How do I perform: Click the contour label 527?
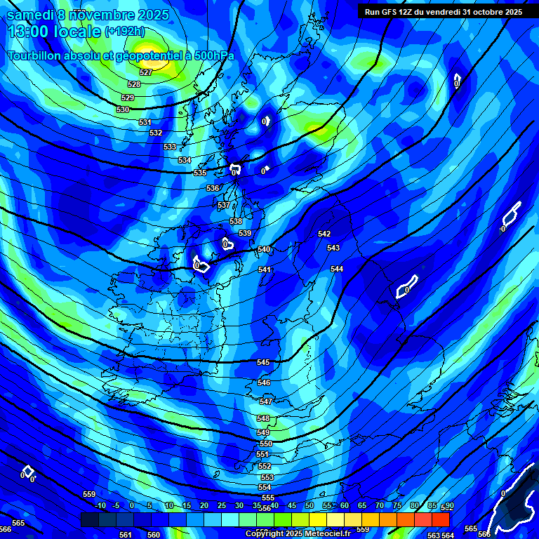pos(146,72)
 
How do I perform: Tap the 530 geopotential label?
pos(123,110)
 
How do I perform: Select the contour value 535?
pos(200,173)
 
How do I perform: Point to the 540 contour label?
pos(264,250)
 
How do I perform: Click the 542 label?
pos(324,234)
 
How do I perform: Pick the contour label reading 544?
pos(337,269)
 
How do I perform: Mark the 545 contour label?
pos(263,363)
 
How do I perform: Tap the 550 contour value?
pos(265,444)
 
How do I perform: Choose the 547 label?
pos(265,401)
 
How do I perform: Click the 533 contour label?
pos(170,147)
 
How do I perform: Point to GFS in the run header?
pos(394,12)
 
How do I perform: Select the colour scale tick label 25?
pos(222,506)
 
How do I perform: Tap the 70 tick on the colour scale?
pos(380,506)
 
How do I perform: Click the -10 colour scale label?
pos(100,506)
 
